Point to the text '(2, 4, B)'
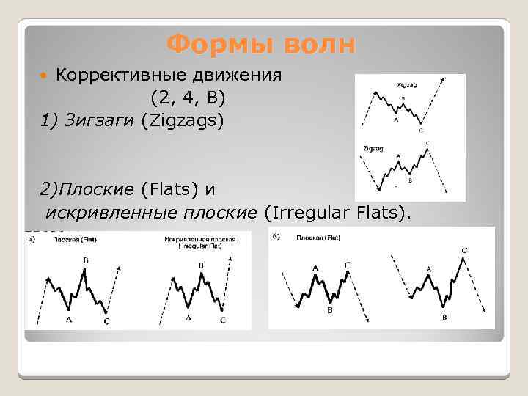[x=188, y=97]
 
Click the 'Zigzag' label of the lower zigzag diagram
[x=373, y=148]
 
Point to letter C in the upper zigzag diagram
[x=420, y=131]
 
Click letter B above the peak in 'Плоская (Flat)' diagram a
[x=86, y=260]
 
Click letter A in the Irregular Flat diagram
[x=188, y=317]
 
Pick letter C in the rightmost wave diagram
[x=465, y=251]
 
